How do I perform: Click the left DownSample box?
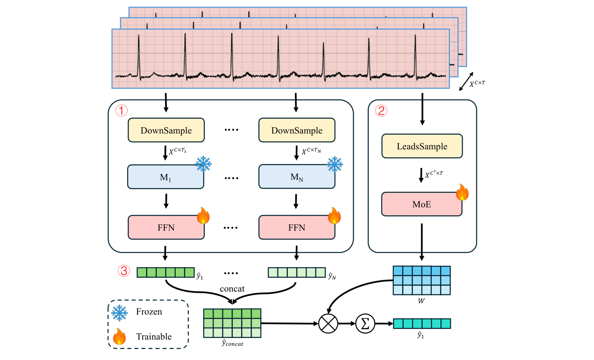(166, 130)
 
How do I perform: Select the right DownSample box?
(297, 130)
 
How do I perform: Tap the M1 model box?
(166, 177)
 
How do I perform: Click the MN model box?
(297, 177)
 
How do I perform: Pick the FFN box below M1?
(166, 227)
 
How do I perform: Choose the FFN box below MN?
(297, 227)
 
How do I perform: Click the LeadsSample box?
(422, 146)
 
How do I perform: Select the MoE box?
(422, 204)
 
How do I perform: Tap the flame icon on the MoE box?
(462, 192)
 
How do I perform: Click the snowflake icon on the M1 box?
(204, 164)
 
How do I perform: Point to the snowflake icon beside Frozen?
(120, 312)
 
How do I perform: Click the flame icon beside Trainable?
(119, 336)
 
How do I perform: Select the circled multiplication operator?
(328, 324)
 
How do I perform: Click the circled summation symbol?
(365, 324)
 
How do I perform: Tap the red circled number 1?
(121, 111)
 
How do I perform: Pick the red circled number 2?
(381, 111)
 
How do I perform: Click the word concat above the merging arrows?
(232, 289)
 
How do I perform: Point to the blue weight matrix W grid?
(422, 280)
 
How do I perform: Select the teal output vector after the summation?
(422, 323)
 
